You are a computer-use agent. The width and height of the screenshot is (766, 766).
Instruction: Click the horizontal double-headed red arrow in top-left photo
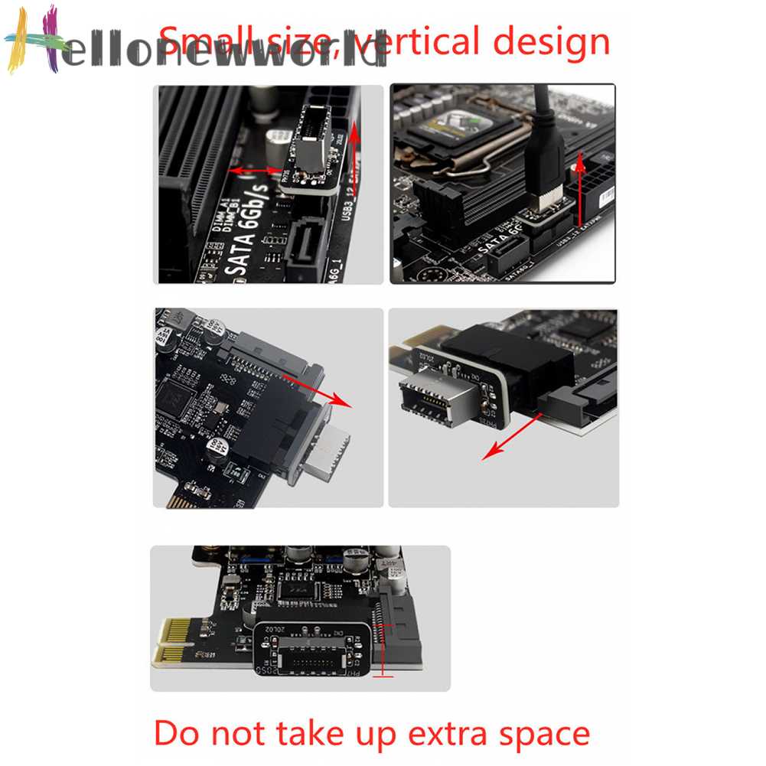click(x=256, y=170)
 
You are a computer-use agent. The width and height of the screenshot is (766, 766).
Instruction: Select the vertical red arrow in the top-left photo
click(x=355, y=165)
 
